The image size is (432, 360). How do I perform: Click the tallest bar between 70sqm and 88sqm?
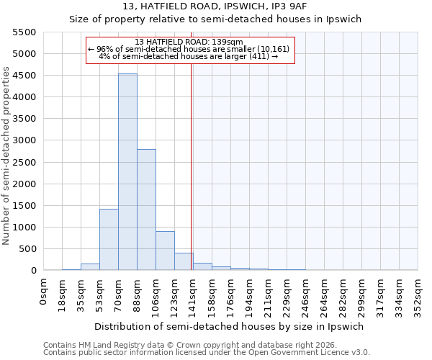[x=127, y=173]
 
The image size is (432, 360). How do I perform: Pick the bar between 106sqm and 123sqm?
[x=165, y=251]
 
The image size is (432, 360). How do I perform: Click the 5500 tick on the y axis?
[x=24, y=32]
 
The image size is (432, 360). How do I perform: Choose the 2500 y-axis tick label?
[x=24, y=163]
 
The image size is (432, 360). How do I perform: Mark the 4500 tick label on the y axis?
[x=24, y=76]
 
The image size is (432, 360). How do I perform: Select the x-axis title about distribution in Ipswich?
[x=230, y=326]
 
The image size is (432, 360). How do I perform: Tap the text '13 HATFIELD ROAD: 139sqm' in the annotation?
[x=189, y=42]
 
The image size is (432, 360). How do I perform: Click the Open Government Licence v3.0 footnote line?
[x=207, y=353]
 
